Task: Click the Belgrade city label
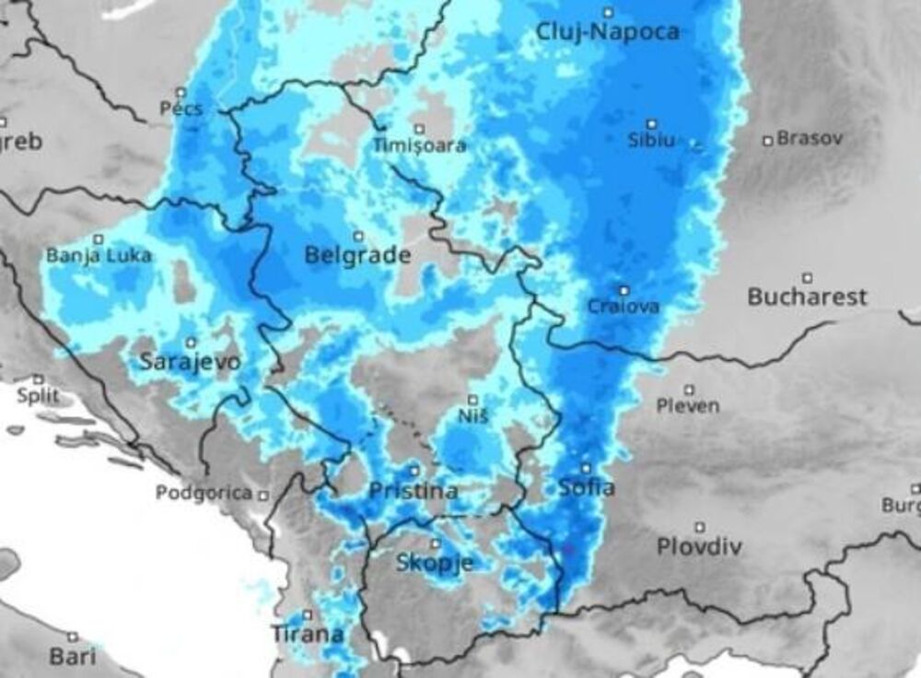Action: click(357, 256)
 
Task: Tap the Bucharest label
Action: click(807, 298)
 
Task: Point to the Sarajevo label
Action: click(190, 362)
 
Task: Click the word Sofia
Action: click(587, 488)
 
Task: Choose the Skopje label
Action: click(435, 563)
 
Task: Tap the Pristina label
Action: click(413, 491)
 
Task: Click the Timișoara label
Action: click(420, 146)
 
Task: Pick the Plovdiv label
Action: click(699, 546)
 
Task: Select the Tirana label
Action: click(308, 634)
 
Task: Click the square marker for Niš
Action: click(472, 399)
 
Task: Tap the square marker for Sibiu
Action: click(651, 123)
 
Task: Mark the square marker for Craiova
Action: click(624, 290)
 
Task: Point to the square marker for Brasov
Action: click(767, 140)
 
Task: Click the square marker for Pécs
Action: click(181, 92)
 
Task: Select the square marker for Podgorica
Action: click(263, 495)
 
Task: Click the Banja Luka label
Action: click(99, 256)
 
